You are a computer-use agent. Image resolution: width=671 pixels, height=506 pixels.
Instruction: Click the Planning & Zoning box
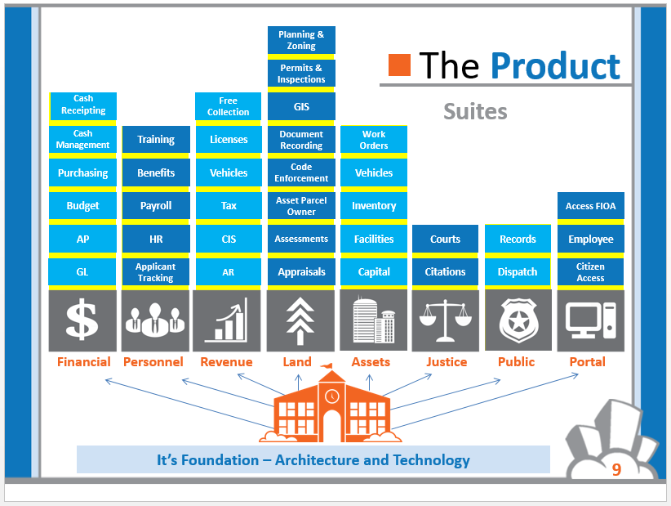coord(301,40)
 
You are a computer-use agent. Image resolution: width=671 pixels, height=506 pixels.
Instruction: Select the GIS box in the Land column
coord(301,106)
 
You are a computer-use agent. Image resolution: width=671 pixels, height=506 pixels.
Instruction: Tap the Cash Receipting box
coord(83,105)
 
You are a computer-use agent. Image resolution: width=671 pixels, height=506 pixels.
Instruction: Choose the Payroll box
coord(156,206)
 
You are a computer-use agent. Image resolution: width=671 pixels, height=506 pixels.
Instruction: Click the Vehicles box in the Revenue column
coord(229,172)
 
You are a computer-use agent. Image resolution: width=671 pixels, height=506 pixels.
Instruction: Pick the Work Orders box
coord(374,140)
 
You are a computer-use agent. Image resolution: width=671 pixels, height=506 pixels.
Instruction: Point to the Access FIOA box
coord(590,206)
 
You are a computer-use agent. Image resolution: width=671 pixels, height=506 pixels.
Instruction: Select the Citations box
coord(445,271)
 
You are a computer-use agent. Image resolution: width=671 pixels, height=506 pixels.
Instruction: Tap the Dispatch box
coord(518,271)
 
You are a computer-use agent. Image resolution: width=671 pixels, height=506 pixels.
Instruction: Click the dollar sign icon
coord(82,319)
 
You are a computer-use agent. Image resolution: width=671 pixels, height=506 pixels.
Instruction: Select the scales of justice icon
coord(446,320)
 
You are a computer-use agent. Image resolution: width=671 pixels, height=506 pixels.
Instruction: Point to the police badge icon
coord(518,320)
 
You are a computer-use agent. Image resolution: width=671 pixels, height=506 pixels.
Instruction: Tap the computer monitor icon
coord(590,320)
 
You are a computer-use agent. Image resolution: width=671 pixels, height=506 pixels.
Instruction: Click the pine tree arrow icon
coord(300,321)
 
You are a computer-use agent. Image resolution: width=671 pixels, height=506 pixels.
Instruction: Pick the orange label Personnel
coord(153,362)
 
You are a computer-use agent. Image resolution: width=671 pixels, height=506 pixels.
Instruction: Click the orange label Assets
coord(371,362)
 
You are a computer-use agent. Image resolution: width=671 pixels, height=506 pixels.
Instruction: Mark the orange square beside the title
coord(399,65)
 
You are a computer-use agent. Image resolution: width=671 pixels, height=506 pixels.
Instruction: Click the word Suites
coord(475,111)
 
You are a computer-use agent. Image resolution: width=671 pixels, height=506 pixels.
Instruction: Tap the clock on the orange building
coord(331,396)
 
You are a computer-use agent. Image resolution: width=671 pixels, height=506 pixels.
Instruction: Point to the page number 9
coord(616,469)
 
